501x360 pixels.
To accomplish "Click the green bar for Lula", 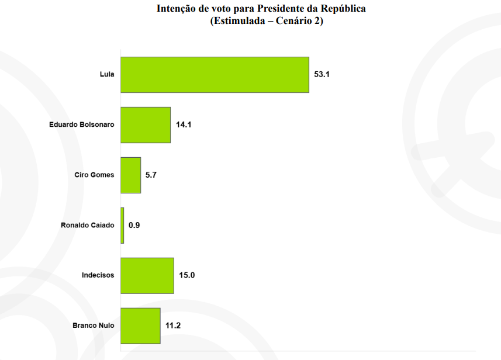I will (215, 75).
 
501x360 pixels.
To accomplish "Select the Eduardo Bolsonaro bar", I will (146, 125).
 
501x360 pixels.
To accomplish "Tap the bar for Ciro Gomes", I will (131, 175).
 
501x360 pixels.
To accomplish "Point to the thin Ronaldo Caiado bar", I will (122, 226).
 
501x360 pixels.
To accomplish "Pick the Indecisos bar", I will (147, 275).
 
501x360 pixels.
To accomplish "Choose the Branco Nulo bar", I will (140, 326).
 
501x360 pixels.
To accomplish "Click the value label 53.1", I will (322, 75).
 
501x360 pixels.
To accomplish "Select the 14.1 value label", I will (184, 125).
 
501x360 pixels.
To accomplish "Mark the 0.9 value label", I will (134, 226).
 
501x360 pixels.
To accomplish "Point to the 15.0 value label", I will (187, 275).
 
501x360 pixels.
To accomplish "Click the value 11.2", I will (174, 326).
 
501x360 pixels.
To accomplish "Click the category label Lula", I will (107, 75).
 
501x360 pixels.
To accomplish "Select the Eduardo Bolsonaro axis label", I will (82, 125).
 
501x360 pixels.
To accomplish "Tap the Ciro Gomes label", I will (95, 175).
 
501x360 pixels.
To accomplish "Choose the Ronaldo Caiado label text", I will (88, 226).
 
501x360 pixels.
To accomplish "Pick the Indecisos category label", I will (98, 275).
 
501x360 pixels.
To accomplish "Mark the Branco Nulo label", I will (94, 326).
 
